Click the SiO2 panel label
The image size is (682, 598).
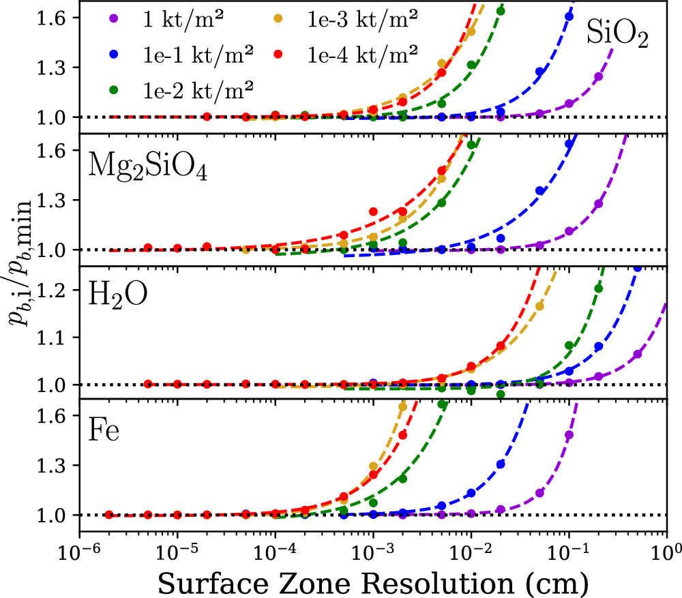pos(617,38)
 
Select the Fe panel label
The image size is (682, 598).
pos(104,430)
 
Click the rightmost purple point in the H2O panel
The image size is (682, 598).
pos(638,355)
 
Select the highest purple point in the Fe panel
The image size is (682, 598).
pos(569,435)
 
